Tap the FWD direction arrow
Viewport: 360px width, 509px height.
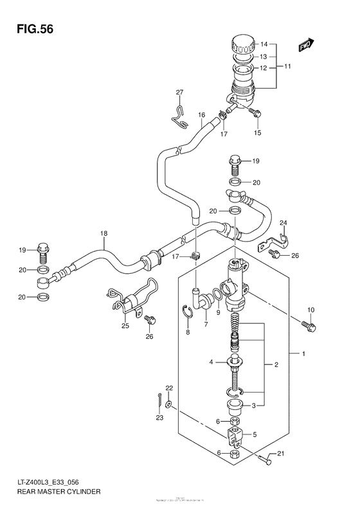[306, 44]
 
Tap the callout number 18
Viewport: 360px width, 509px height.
[103, 234]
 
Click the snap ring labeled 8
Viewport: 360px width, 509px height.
[186, 314]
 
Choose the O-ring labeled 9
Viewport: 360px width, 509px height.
[218, 296]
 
